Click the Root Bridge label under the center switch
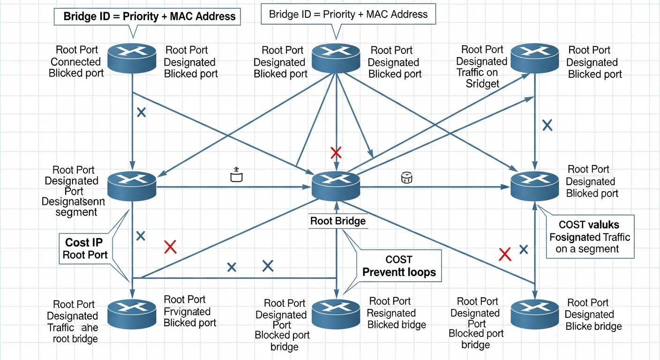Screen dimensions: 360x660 [337, 221]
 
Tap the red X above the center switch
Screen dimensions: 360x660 [336, 152]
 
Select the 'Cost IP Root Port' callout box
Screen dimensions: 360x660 [85, 248]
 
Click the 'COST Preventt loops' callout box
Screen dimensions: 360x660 [399, 266]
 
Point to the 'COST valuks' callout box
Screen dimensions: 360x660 [590, 237]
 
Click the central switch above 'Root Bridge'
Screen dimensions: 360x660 [336, 184]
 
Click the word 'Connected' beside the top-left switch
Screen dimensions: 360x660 [75, 62]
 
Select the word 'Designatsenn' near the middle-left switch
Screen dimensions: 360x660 [73, 202]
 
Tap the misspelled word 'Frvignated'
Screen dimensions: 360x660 [187, 311]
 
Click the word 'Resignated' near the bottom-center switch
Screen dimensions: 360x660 [391, 313]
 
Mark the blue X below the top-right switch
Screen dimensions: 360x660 [547, 125]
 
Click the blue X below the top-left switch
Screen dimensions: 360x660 [141, 112]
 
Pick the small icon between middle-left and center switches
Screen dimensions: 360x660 [236, 176]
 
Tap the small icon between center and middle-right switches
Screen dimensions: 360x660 [406, 177]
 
